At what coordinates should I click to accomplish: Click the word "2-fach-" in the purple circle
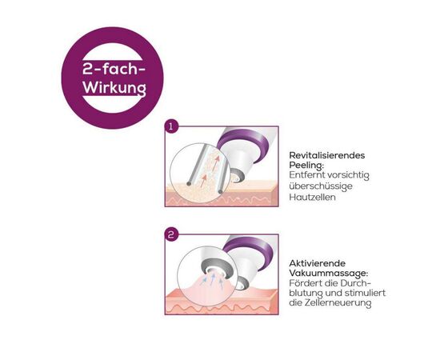pyautogui.click(x=114, y=69)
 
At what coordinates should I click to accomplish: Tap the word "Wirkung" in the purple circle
pyautogui.click(x=114, y=88)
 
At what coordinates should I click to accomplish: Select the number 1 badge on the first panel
pyautogui.click(x=171, y=127)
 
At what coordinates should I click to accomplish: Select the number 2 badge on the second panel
pyautogui.click(x=171, y=234)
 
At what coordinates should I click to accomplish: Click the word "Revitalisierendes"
pyautogui.click(x=327, y=155)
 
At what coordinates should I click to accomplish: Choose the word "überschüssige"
pyautogui.click(x=321, y=186)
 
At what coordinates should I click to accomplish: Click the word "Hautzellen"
pyautogui.click(x=312, y=197)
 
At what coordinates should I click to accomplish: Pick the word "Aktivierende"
pyautogui.click(x=318, y=263)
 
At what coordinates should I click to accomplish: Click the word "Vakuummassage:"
pyautogui.click(x=329, y=274)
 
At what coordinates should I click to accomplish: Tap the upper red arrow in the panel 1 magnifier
pyautogui.click(x=216, y=162)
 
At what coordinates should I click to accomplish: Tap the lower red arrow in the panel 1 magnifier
pyautogui.click(x=203, y=181)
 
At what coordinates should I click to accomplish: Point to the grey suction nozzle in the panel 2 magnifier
pyautogui.click(x=217, y=266)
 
